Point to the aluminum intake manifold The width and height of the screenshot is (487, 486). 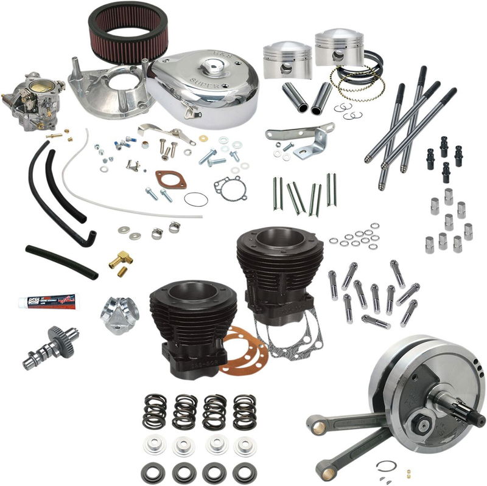tap(120, 311)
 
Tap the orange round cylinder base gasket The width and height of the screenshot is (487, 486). tap(243, 350)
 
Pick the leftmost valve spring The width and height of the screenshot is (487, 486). tap(155, 411)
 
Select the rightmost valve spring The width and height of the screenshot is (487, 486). tap(244, 411)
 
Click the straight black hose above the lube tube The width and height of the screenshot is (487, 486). tap(61, 261)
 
